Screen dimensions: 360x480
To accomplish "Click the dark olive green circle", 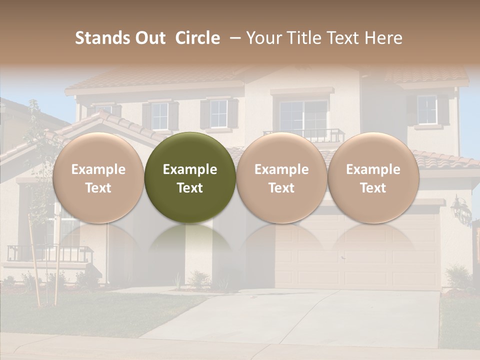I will pyautogui.click(x=190, y=177).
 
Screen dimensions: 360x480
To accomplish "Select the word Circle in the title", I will pyautogui.click(x=197, y=38).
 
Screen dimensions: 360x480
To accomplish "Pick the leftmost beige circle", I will pyautogui.click(x=98, y=177).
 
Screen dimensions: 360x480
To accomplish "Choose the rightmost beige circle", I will pyautogui.click(x=373, y=177).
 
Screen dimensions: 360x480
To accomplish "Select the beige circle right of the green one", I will pyautogui.click(x=281, y=177).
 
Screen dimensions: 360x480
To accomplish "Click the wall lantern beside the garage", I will pyautogui.click(x=459, y=209).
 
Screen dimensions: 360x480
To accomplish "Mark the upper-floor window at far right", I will pyautogui.click(x=426, y=110).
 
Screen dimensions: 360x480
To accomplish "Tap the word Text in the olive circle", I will pyautogui.click(x=190, y=188).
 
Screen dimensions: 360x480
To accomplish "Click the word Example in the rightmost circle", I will pyautogui.click(x=373, y=169).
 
